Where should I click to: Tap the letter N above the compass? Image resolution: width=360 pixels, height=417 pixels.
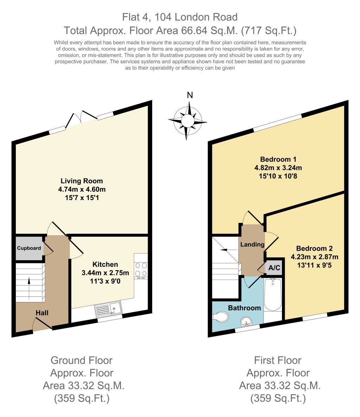(190, 95)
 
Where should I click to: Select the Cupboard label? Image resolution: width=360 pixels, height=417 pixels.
(29, 248)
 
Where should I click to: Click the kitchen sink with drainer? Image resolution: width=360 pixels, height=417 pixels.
(108, 309)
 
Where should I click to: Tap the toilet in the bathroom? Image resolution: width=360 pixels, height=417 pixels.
(220, 317)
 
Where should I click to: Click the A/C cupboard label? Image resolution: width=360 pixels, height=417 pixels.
(274, 268)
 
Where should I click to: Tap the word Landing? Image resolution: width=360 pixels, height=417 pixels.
(252, 244)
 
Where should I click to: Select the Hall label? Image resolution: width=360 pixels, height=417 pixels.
(42, 313)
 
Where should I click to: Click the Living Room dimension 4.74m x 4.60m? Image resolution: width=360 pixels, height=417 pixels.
(82, 190)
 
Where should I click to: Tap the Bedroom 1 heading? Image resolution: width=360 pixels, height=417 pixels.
(276, 159)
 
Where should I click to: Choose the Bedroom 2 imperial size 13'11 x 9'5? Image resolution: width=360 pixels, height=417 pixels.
(311, 265)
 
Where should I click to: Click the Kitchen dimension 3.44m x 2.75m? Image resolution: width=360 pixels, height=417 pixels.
(105, 272)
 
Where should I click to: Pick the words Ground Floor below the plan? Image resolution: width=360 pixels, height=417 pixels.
(82, 360)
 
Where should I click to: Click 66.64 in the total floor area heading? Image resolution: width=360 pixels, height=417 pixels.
(194, 31)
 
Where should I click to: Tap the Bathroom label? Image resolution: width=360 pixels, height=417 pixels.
(244, 308)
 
